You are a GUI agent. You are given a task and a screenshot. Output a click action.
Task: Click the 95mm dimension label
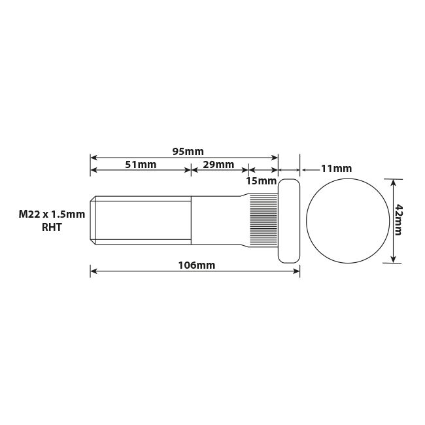tap(188, 151)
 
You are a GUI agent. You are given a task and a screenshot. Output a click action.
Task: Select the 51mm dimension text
tap(141, 165)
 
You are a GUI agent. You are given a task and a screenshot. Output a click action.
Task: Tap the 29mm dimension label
tap(218, 165)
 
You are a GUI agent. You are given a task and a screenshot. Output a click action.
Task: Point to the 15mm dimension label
tap(261, 180)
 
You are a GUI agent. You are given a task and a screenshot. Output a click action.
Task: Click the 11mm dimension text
tap(336, 169)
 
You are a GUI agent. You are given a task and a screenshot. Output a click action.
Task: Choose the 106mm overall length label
tap(196, 265)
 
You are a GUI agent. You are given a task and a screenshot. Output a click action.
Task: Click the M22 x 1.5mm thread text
tap(52, 214)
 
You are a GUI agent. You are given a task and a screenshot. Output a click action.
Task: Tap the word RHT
tap(52, 228)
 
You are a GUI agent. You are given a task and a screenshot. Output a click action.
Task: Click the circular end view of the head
tap(345, 221)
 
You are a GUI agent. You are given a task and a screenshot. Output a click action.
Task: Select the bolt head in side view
tap(290, 221)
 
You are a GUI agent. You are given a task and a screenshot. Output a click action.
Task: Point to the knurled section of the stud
tap(265, 221)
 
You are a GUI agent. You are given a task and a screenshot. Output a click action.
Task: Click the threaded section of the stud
tap(144, 221)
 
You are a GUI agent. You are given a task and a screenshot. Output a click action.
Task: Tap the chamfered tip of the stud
tap(93, 221)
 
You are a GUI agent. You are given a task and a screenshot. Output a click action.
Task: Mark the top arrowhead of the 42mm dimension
tap(393, 182)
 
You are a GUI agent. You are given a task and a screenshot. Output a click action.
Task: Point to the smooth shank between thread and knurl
tap(216, 221)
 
